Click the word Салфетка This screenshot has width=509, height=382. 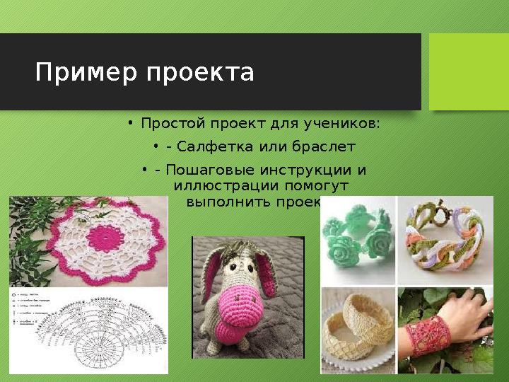206,147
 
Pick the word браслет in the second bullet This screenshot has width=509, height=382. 327,147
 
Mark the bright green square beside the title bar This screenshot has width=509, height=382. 469,71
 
